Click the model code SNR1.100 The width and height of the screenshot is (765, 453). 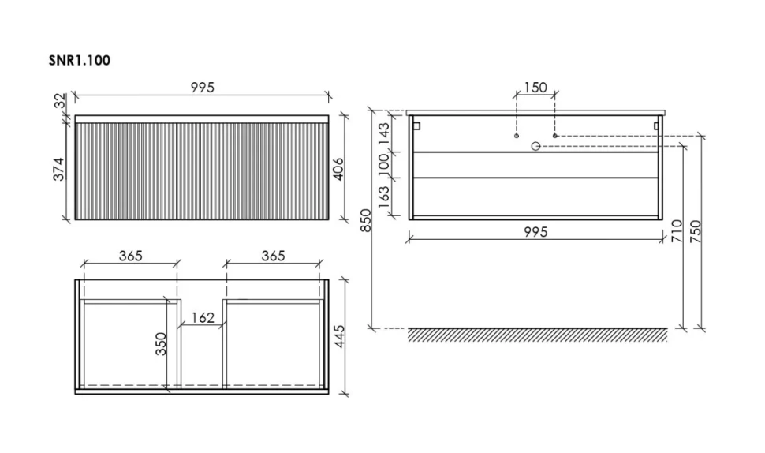[80, 61]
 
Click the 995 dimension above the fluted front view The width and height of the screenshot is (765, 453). [203, 88]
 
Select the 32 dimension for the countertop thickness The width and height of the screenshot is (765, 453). [60, 101]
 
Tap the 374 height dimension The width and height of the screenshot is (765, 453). [59, 169]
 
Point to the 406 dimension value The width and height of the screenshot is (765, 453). [338, 169]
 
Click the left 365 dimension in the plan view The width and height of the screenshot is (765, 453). [131, 255]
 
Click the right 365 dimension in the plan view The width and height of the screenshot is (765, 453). [273, 255]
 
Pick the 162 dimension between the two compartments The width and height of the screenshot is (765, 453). [203, 318]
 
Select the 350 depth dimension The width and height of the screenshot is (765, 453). [161, 343]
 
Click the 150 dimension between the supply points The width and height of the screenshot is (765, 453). [535, 88]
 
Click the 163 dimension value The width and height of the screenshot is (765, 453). [384, 197]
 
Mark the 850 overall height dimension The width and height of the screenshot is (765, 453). [366, 221]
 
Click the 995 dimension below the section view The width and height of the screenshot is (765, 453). [535, 232]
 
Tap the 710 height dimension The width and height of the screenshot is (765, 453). [677, 231]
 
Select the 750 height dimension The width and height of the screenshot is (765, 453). [696, 232]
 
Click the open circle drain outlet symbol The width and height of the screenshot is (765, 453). [535, 146]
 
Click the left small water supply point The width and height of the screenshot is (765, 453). [517, 136]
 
